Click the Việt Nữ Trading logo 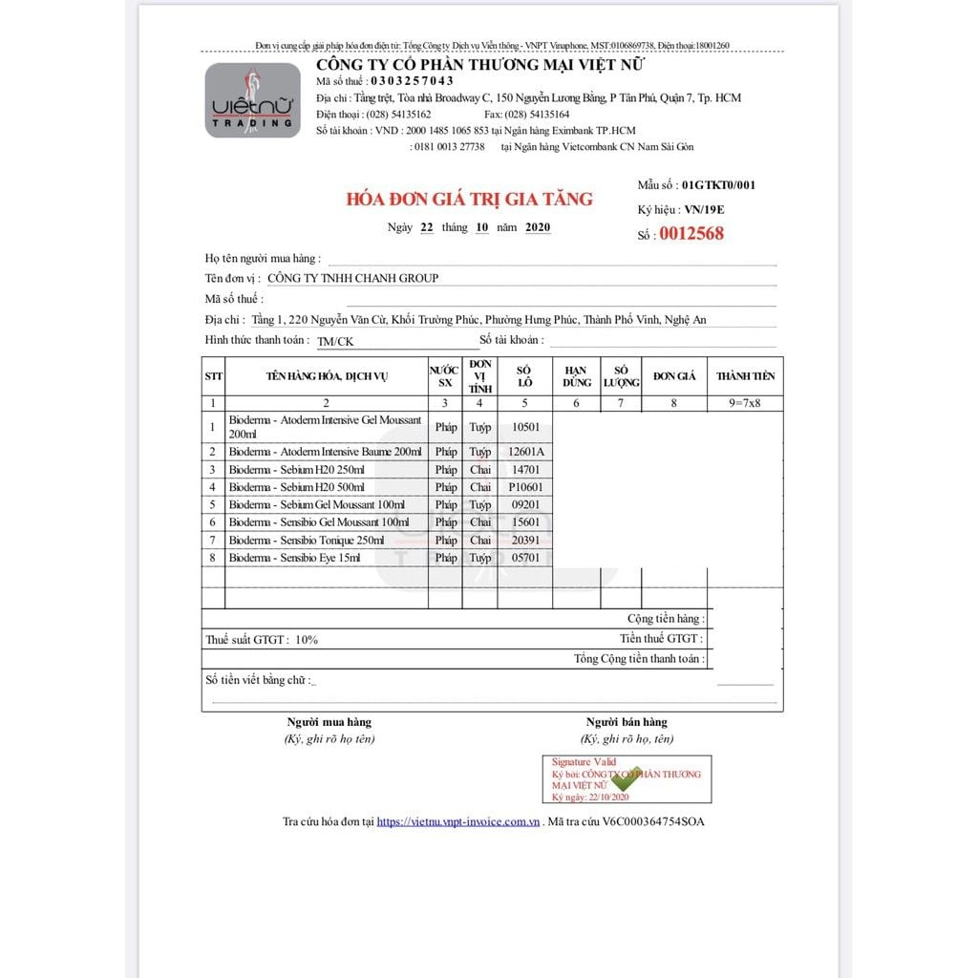tap(252, 100)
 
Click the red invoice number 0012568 tap(691, 234)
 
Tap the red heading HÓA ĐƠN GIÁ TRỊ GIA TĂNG tap(469, 200)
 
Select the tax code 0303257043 tap(413, 81)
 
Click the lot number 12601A tap(525, 452)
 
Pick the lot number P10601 tap(525, 487)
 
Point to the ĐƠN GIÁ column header tap(674, 376)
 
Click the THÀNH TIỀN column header tap(746, 376)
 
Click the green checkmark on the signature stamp tap(626, 778)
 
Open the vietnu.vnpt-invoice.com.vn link tap(458, 821)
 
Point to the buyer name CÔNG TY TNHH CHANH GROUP tap(352, 278)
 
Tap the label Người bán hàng tap(627, 722)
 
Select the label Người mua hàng tap(330, 722)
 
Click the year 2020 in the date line tap(538, 227)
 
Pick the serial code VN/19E tap(705, 209)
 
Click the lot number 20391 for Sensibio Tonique tap(525, 541)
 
